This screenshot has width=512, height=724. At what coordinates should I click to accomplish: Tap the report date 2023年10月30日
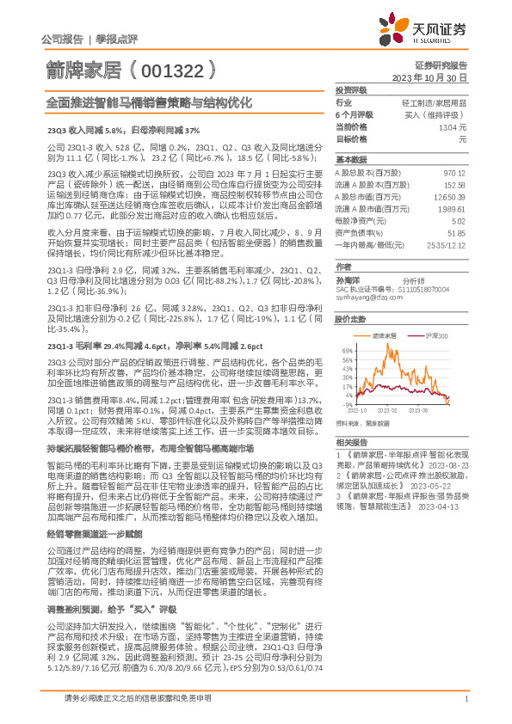coord(429,77)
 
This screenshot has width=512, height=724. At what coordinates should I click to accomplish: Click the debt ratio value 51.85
coord(456,233)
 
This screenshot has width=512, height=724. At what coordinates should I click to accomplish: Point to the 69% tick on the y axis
coord(347,351)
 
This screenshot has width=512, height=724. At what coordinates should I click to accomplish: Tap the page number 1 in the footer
coord(465,698)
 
